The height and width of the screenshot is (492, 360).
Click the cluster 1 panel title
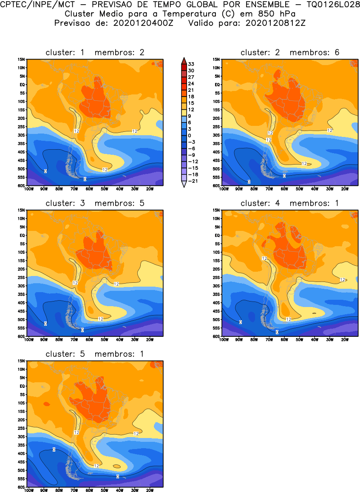pos(95,52)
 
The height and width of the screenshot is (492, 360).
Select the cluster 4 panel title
pos(290,203)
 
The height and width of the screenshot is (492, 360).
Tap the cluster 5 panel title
pos(95,354)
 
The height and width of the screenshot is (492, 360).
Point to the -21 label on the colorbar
pos(191,180)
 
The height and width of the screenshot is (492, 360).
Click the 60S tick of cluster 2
pos(216,186)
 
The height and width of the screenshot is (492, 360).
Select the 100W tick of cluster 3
pos(29,340)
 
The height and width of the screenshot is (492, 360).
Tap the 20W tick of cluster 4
pos(345,340)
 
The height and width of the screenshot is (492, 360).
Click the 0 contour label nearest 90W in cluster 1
pos(45,171)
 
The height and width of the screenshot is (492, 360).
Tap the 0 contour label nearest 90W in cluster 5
pos(54,449)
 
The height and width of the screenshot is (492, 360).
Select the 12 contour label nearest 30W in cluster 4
pos(343,280)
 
